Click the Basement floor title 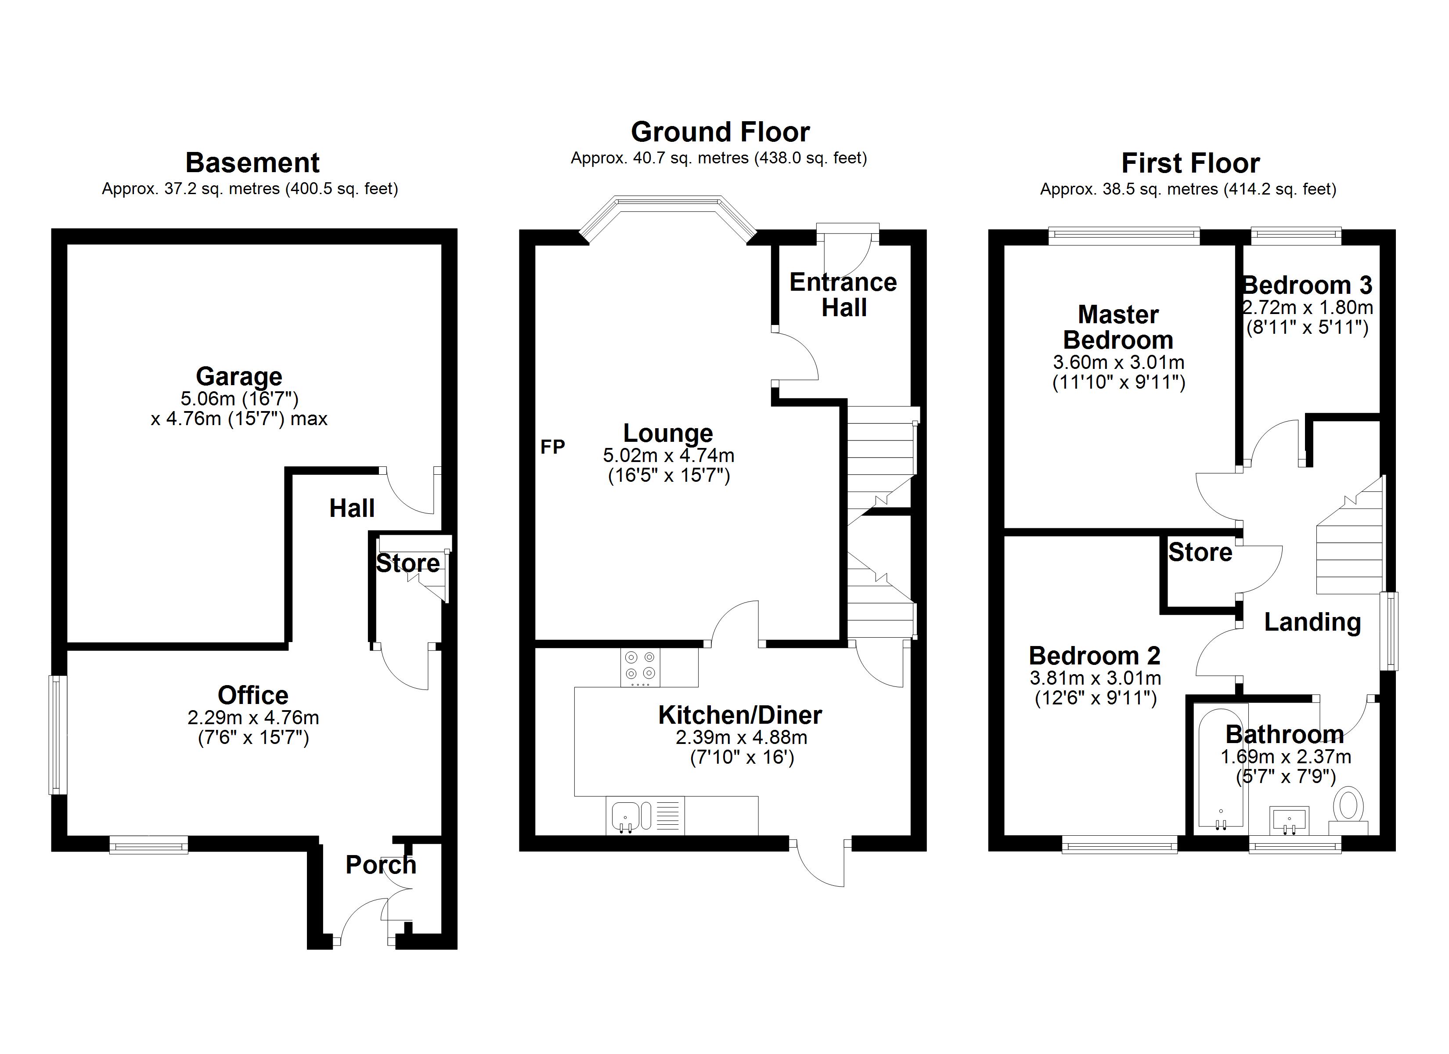tap(252, 163)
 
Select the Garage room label tap(239, 376)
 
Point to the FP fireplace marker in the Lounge tap(553, 447)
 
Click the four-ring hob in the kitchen tap(640, 667)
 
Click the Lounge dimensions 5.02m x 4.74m tap(668, 456)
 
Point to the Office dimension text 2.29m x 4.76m tap(253, 718)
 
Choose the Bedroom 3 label tap(1307, 285)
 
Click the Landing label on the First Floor tap(1312, 623)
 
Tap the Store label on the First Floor tap(1200, 552)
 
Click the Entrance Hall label tap(843, 295)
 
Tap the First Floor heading tap(1191, 163)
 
